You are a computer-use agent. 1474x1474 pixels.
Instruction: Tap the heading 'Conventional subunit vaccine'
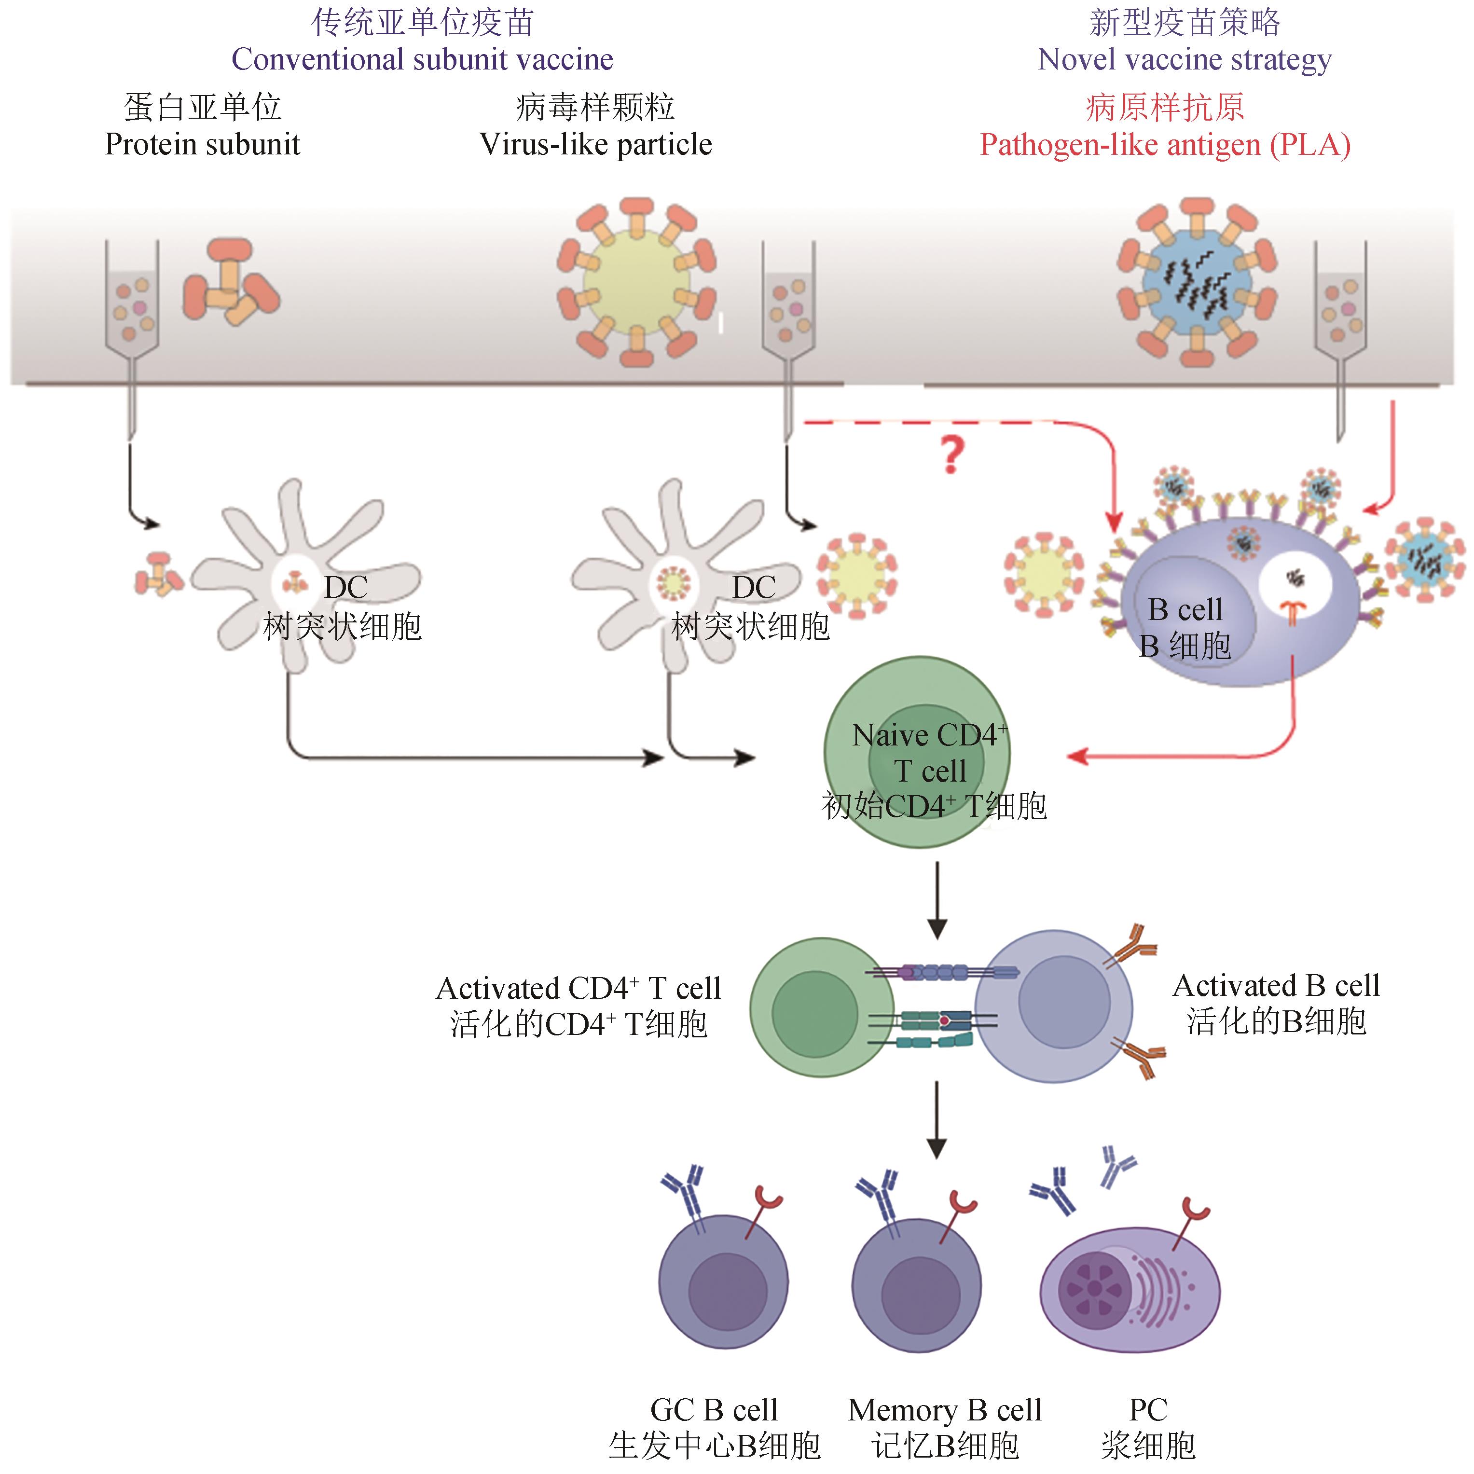422,59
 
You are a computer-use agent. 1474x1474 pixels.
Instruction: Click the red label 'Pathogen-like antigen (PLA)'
1165,144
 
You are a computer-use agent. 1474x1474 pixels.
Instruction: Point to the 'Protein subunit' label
202,144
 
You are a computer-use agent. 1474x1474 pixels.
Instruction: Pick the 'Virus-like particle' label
595,144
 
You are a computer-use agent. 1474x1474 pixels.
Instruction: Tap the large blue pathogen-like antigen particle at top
1196,282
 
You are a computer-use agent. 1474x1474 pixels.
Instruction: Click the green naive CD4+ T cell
917,752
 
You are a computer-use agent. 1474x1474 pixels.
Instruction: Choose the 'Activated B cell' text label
1276,985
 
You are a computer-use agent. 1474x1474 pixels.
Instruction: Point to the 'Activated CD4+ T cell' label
578,988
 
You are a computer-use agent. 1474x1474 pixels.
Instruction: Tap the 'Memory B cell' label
945,1410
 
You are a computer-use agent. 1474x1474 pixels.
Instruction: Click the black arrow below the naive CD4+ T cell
937,900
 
